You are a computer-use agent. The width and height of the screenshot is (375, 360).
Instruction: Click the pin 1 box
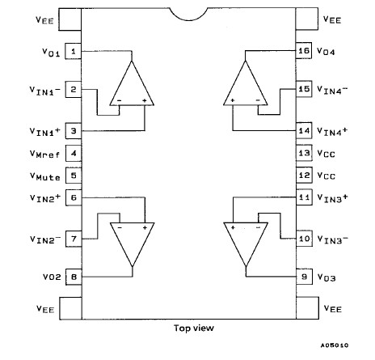[74, 51]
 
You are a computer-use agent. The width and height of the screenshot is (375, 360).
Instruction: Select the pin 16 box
[304, 50]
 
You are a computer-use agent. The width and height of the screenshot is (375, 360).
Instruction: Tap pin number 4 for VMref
[74, 153]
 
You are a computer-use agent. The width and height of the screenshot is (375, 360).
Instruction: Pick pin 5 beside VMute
[74, 174]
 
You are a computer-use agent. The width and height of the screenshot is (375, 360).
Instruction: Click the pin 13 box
[304, 153]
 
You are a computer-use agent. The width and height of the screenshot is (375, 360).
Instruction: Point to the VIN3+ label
[334, 197]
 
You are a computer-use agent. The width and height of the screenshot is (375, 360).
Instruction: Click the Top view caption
[192, 328]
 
